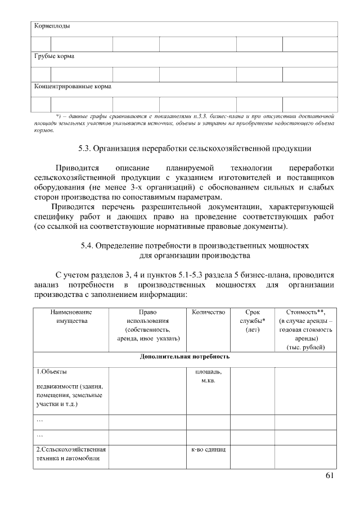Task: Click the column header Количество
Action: (x=208, y=312)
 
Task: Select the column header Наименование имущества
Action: (x=71, y=316)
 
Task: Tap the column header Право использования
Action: (x=147, y=325)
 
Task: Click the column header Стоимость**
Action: (x=305, y=312)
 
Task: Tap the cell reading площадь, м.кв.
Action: (x=208, y=376)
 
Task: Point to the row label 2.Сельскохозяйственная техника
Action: (x=71, y=455)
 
